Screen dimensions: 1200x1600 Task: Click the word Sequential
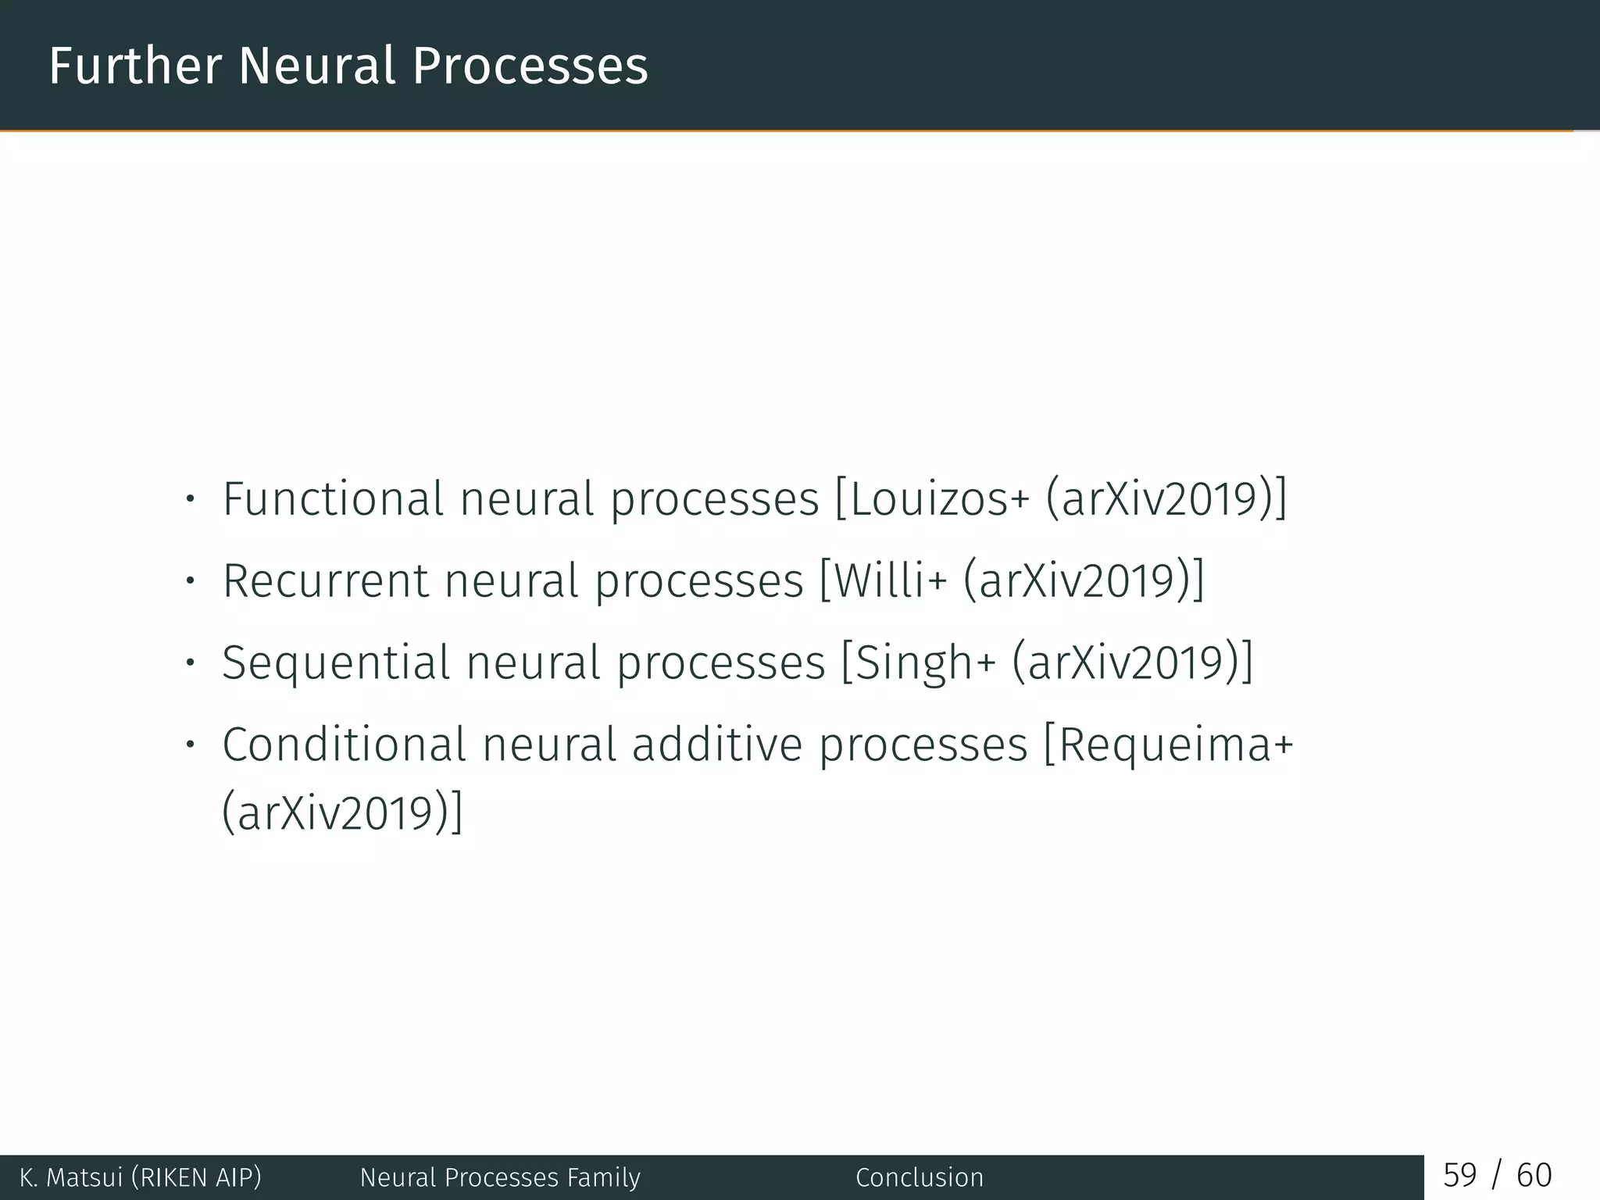pyautogui.click(x=337, y=662)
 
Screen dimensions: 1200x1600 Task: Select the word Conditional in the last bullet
pyautogui.click(x=344, y=745)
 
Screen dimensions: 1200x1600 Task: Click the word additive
pyautogui.click(x=716, y=745)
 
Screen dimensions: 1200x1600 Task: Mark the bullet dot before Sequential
pyautogui.click(x=189, y=662)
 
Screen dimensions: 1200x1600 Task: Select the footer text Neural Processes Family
pyautogui.click(x=500, y=1177)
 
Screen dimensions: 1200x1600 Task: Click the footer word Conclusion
pyautogui.click(x=920, y=1177)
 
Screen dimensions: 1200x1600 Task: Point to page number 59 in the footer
pyautogui.click(x=1459, y=1175)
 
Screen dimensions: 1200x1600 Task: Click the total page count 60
pyautogui.click(x=1534, y=1175)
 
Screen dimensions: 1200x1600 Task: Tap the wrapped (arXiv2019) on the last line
pyautogui.click(x=342, y=813)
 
